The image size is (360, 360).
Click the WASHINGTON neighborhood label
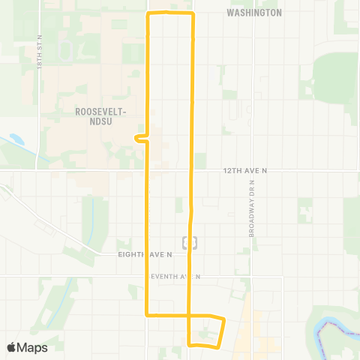254,13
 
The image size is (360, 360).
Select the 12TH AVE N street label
245,171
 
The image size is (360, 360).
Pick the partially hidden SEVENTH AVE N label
172,277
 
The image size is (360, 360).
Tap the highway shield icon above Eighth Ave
190,241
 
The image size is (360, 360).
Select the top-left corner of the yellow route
148,14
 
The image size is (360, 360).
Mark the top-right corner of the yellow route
193,14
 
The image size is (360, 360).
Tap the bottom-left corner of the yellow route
146,314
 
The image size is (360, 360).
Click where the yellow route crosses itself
188,314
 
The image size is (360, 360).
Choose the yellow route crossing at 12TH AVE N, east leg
192,171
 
